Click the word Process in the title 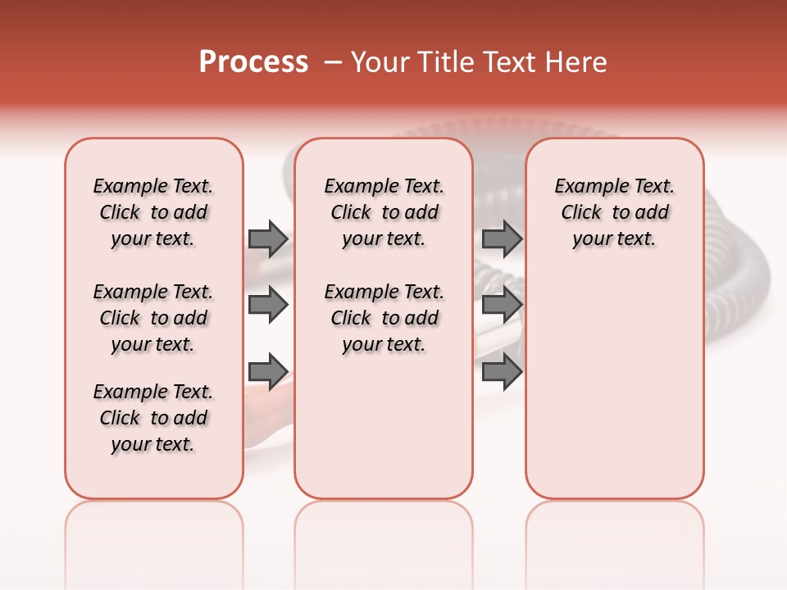(253, 62)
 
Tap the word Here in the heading (576, 62)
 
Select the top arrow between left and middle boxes (268, 238)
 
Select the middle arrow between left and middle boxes (268, 306)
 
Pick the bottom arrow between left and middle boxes (268, 370)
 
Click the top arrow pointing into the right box (502, 238)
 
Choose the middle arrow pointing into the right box (502, 306)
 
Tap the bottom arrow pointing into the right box (502, 370)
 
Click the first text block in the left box (153, 212)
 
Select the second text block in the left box (153, 318)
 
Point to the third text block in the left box (153, 418)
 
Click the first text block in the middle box (384, 212)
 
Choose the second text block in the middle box (384, 318)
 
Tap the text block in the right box (614, 212)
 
